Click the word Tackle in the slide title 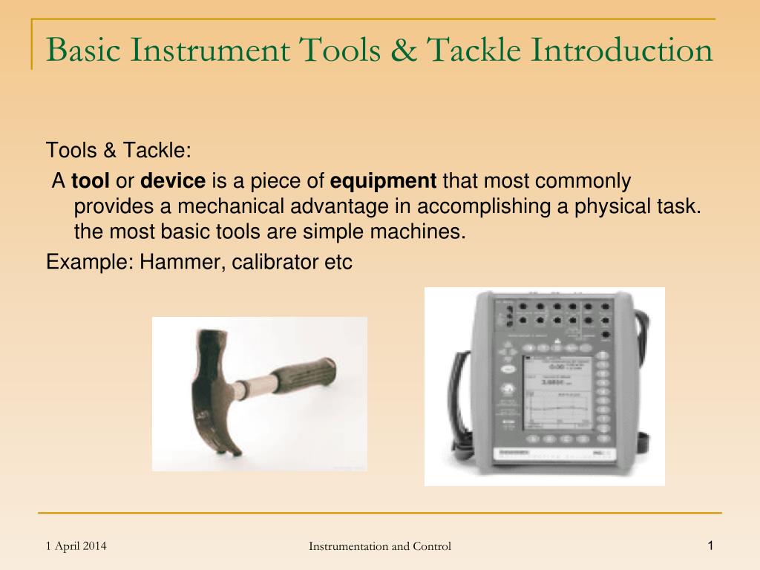[475, 50]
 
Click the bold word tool [90, 181]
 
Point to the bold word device [173, 181]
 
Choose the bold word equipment [383, 181]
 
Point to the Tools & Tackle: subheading [119, 151]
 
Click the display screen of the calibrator [557, 393]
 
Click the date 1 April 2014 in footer [76, 546]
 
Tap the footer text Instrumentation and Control [380, 547]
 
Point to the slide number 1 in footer [710, 546]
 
